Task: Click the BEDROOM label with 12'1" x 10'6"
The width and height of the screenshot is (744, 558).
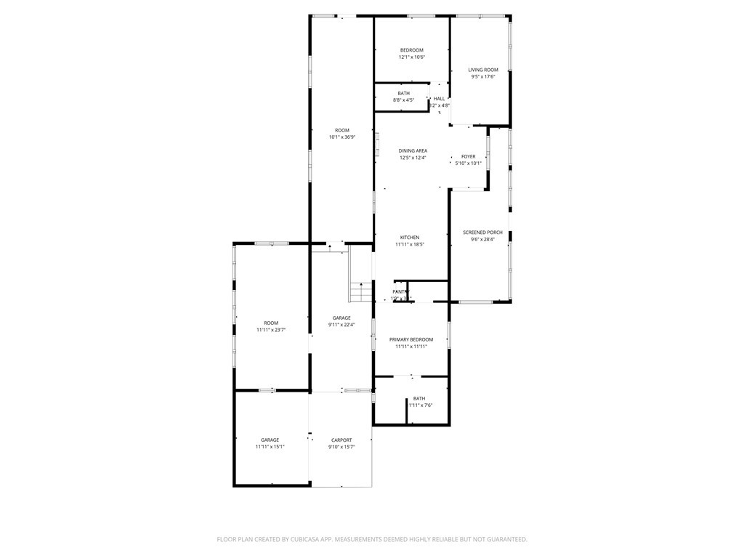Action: coord(411,50)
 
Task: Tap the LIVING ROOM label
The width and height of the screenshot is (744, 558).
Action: coord(483,70)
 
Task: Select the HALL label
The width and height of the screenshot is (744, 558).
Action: coord(440,99)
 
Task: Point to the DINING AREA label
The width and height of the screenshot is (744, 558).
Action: coord(413,150)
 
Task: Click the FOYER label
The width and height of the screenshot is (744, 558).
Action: coord(469,156)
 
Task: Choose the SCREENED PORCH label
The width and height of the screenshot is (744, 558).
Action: coord(483,232)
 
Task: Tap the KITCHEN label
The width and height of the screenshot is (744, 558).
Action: coord(410,238)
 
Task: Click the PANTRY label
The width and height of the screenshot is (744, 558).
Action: coord(401,291)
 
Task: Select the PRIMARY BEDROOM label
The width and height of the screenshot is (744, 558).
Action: coord(411,339)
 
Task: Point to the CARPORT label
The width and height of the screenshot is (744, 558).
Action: coord(341,440)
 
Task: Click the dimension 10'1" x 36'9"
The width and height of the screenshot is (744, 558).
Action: coord(341,137)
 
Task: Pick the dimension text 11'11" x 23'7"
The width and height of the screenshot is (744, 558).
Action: coord(271,330)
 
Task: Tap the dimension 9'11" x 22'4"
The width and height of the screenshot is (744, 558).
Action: coord(341,325)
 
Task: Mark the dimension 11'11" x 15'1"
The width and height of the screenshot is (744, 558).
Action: coord(270,447)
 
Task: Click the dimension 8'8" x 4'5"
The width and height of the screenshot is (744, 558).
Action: coord(403,100)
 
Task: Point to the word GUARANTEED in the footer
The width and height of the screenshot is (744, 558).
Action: coord(503,539)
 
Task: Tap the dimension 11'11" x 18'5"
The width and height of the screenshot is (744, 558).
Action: coord(410,244)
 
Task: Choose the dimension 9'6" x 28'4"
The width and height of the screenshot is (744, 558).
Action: coord(483,239)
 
